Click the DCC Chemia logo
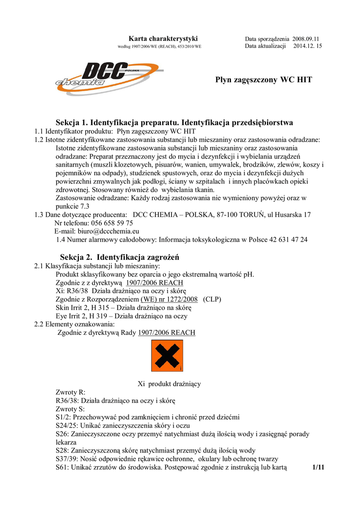click(92, 77)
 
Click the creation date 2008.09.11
click(305, 39)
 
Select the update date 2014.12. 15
click(308, 46)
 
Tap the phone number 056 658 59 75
click(109, 223)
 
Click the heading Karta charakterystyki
click(163, 38)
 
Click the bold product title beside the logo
click(264, 79)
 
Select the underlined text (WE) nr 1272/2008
click(169, 299)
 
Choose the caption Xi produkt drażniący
click(169, 383)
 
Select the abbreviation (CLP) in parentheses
click(212, 299)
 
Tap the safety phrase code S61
click(62, 467)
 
